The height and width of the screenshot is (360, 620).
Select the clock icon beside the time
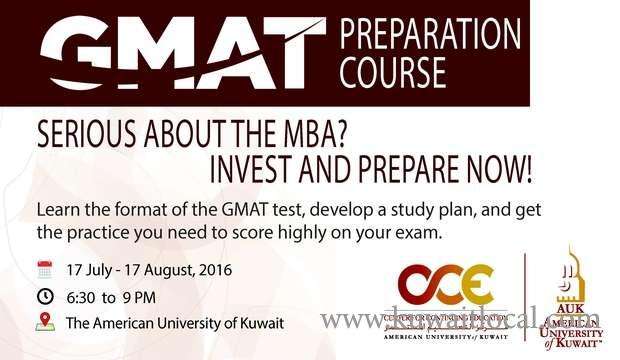point(44,295)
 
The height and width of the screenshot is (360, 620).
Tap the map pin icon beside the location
point(44,322)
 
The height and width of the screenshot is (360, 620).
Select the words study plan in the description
point(395,211)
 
